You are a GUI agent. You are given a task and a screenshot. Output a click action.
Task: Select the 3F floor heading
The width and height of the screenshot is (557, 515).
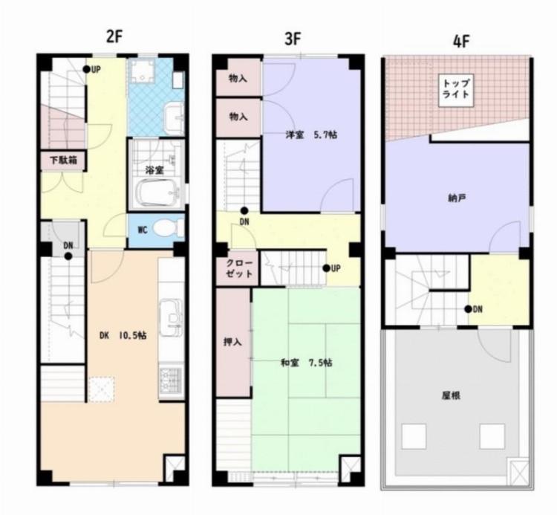point(292,39)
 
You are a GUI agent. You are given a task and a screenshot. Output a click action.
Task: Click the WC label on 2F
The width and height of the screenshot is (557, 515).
point(142,229)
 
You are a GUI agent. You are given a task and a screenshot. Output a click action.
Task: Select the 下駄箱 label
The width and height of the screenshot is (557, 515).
point(62,160)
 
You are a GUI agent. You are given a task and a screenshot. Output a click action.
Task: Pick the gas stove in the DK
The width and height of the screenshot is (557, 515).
point(172,380)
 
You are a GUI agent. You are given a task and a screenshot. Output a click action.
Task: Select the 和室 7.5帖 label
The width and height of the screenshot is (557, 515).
point(305,363)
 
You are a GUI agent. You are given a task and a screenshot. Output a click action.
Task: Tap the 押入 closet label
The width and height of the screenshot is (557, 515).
point(232,343)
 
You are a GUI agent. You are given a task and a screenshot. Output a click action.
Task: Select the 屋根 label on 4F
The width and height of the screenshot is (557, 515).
point(450,395)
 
